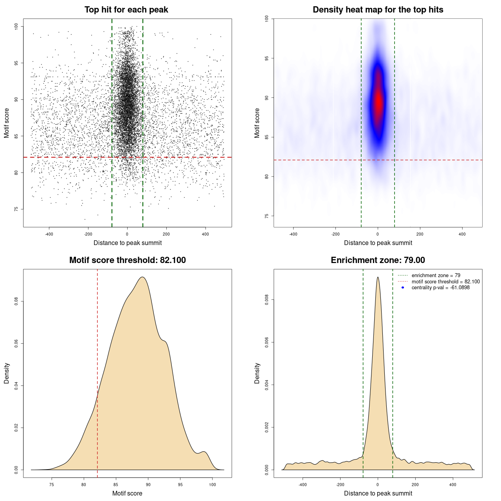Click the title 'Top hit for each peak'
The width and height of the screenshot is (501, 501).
click(126, 10)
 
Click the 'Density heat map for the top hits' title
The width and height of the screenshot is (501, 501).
click(378, 10)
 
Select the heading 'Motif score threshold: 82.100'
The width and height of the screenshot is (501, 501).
click(127, 260)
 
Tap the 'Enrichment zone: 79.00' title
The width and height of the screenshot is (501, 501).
click(378, 260)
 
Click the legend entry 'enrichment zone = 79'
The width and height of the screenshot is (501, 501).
click(436, 276)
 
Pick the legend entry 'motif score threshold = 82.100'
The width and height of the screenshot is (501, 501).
click(445, 281)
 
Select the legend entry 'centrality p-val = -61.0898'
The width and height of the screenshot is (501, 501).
click(440, 288)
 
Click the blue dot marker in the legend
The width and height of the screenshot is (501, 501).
click(403, 288)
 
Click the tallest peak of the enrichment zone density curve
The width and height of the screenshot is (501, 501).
click(378, 278)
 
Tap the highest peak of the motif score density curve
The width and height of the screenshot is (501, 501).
click(142, 278)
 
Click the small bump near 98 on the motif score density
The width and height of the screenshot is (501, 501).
click(203, 452)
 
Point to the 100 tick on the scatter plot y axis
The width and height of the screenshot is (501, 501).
click(16, 26)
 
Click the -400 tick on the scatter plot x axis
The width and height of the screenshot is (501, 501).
click(49, 234)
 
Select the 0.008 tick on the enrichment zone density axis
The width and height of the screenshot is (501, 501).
click(267, 300)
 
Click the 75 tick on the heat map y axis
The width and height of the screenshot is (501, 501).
click(267, 216)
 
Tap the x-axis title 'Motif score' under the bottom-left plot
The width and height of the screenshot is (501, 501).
click(127, 493)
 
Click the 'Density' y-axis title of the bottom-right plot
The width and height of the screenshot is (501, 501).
click(257, 373)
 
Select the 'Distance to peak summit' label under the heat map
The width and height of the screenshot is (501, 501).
click(378, 243)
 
